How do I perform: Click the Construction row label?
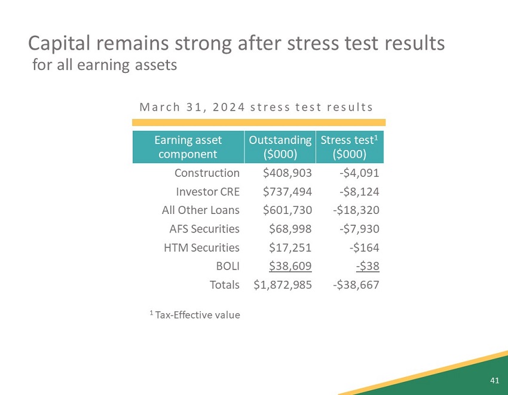tap(207, 173)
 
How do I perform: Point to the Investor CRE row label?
tap(207, 191)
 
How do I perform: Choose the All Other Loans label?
tap(200, 210)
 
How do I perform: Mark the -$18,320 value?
tap(356, 210)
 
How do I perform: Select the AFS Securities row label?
tap(204, 228)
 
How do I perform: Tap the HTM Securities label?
tap(201, 247)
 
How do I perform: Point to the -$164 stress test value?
tap(364, 247)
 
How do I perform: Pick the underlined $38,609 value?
tap(290, 265)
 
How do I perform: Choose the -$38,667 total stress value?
tap(356, 284)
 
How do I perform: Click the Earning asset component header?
tap(188, 146)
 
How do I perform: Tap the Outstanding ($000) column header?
tap(280, 146)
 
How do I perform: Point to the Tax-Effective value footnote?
tap(195, 314)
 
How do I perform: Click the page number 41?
tap(494, 380)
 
